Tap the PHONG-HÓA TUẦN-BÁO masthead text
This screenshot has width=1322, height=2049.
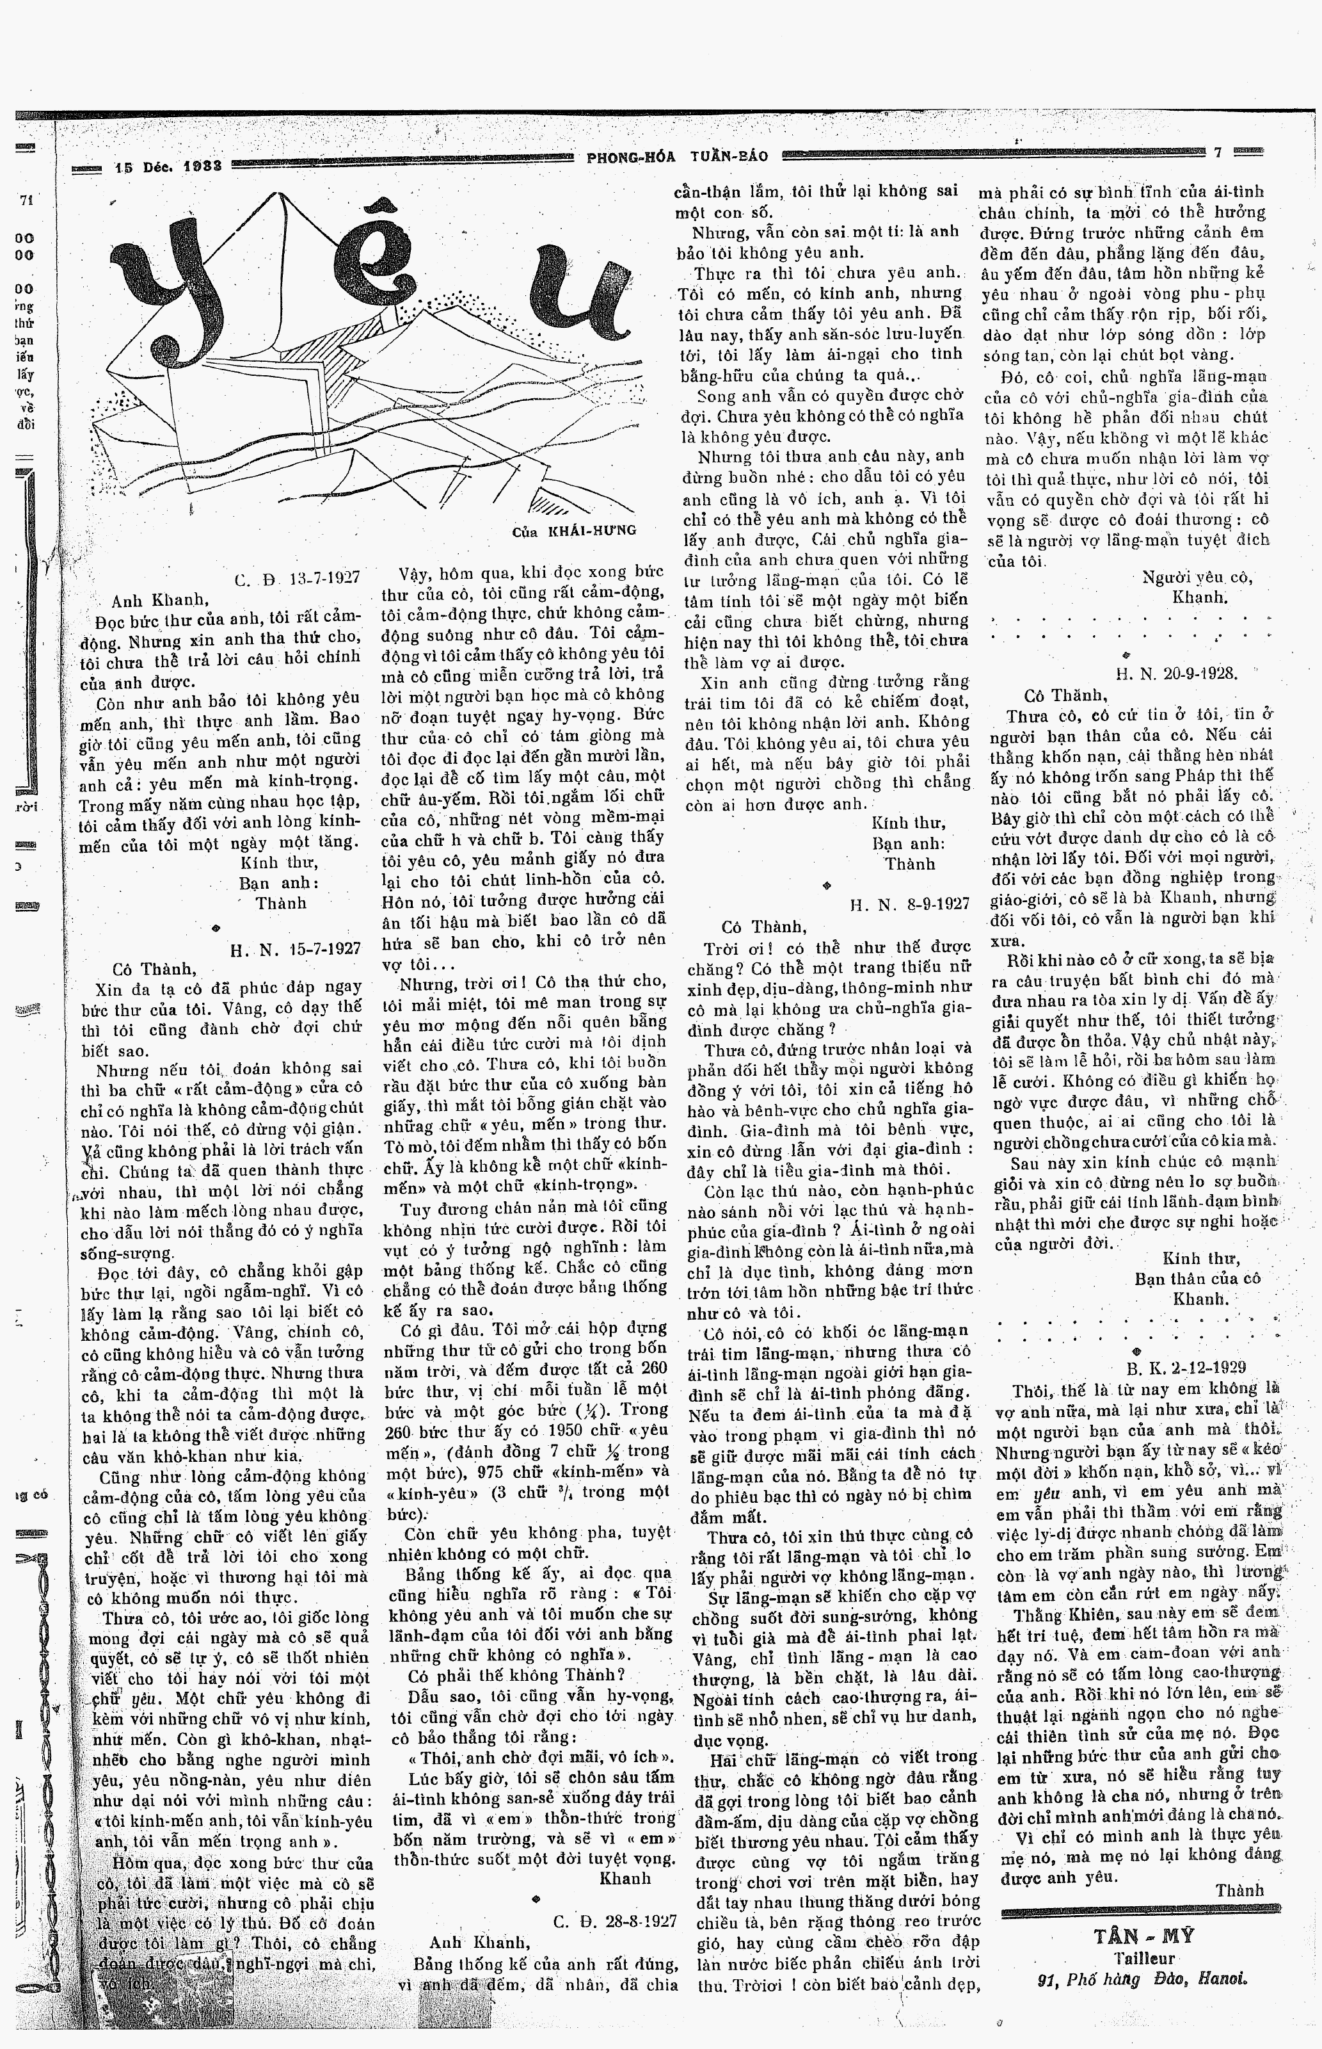click(677, 156)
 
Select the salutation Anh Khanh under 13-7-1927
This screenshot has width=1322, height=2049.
click(160, 599)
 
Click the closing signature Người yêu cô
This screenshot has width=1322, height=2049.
click(1197, 577)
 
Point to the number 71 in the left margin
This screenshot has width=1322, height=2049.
click(26, 200)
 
